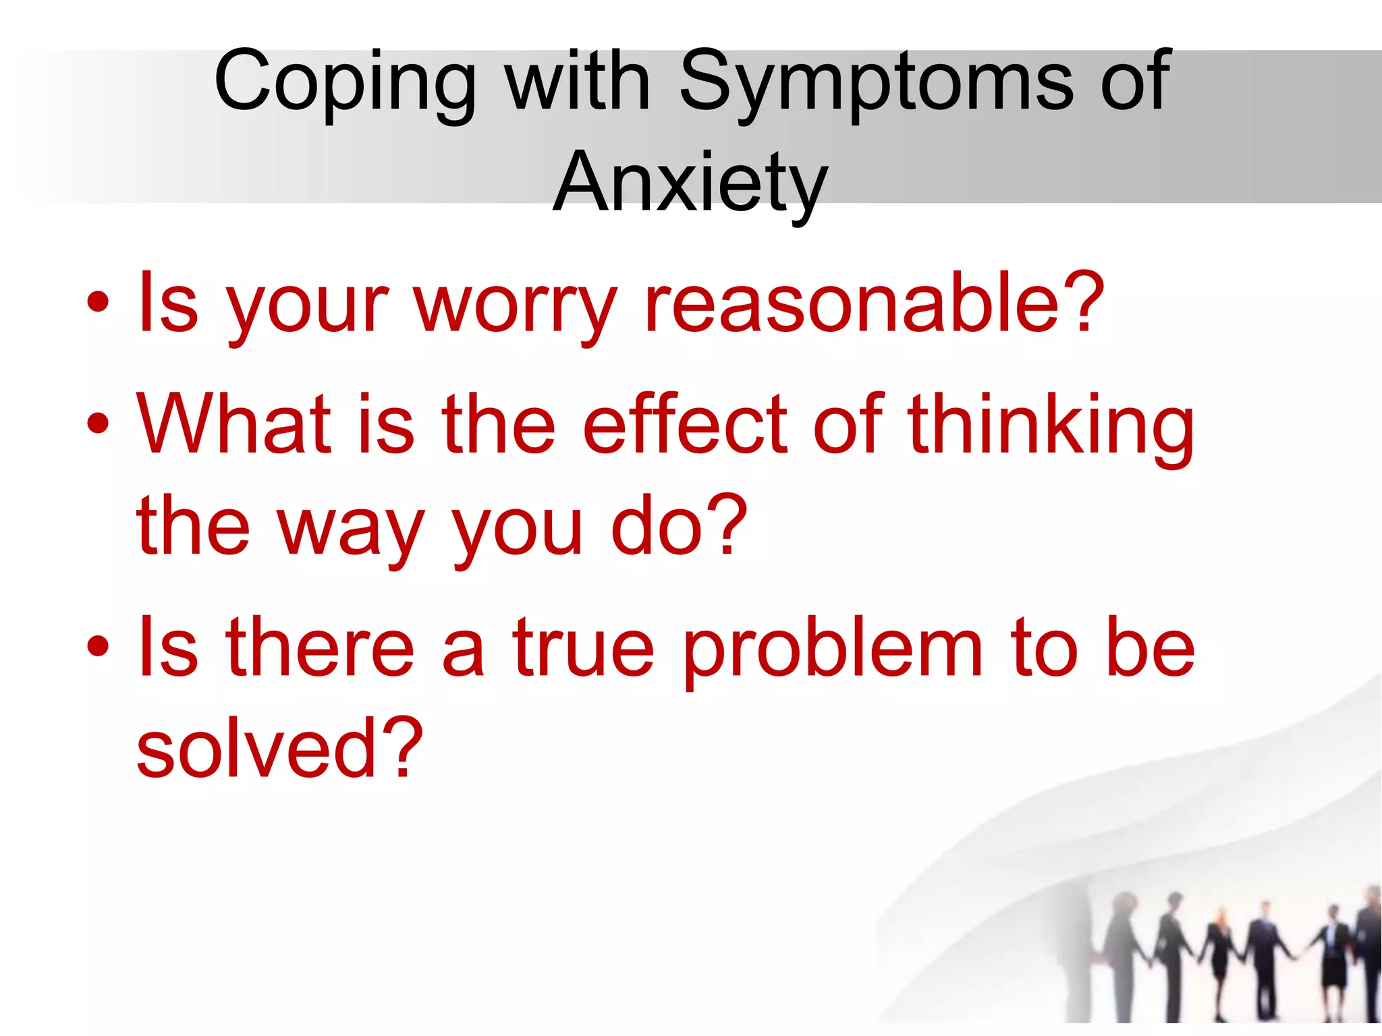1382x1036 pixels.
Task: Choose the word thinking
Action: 1051,428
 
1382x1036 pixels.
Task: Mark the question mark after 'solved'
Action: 402,747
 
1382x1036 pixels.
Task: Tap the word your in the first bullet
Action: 307,307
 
